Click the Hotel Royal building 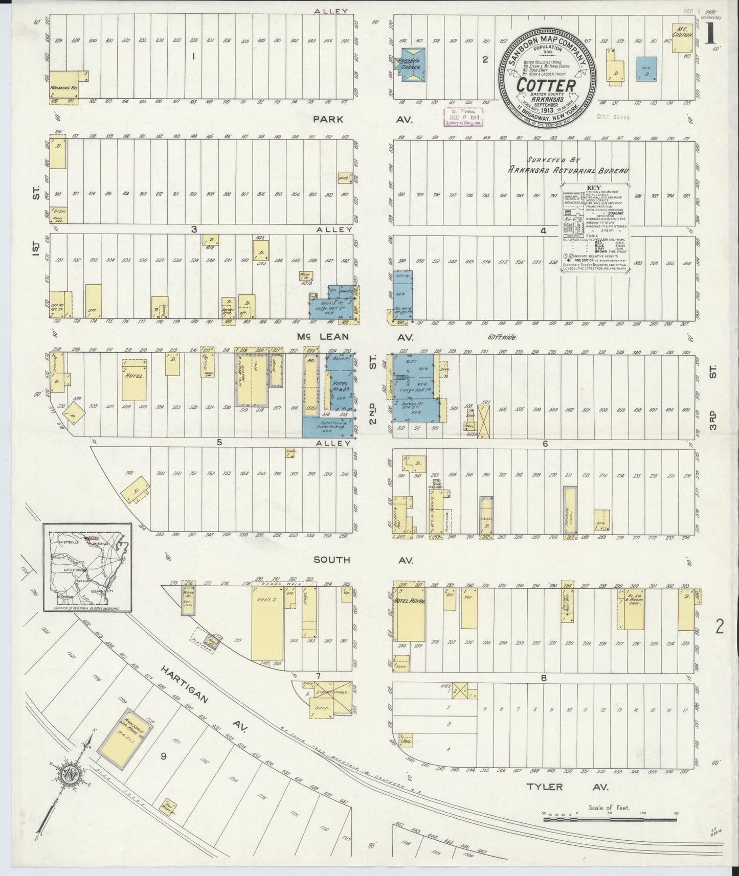point(409,611)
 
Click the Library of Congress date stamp point(462,116)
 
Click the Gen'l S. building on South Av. point(267,622)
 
